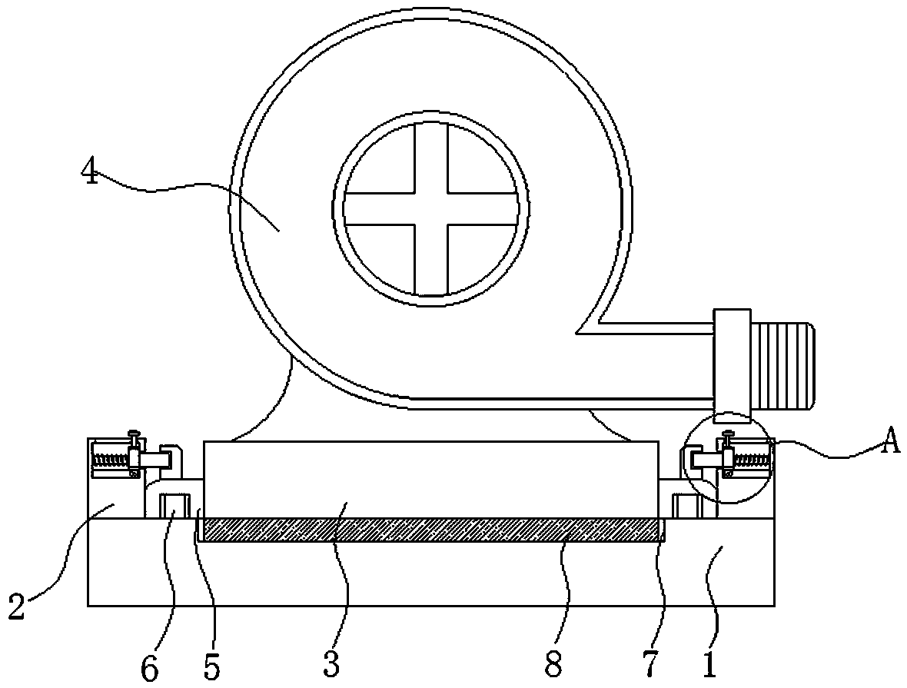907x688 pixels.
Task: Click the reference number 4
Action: point(91,173)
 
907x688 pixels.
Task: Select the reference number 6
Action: point(150,667)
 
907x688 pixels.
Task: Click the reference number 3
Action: point(331,664)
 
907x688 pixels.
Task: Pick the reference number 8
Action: point(553,666)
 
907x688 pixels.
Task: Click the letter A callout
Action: point(889,444)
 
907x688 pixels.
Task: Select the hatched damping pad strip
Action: point(430,529)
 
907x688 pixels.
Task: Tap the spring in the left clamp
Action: point(108,461)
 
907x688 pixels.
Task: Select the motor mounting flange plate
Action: point(732,361)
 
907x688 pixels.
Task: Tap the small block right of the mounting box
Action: point(685,507)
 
